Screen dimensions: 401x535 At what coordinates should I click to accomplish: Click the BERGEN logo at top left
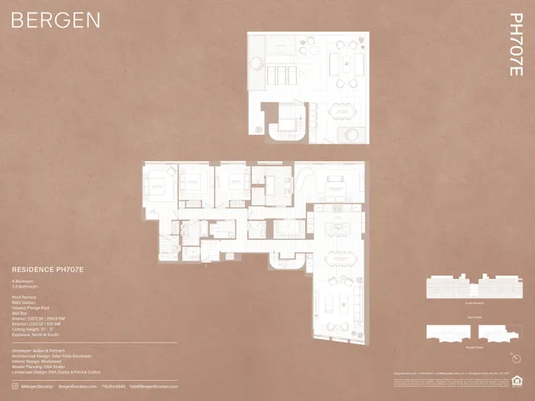[x=56, y=19]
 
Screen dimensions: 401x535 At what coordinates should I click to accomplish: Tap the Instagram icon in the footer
[x=14, y=386]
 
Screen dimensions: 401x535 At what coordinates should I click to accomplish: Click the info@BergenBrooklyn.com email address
[x=154, y=386]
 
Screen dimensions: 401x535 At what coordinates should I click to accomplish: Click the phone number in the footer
[x=112, y=386]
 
